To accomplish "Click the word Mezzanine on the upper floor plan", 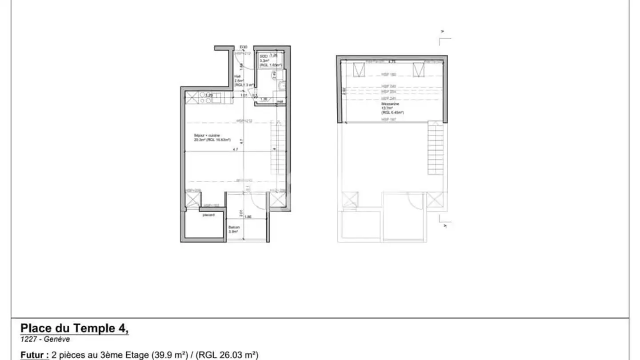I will click(x=390, y=104).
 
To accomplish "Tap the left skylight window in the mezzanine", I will click(x=359, y=70).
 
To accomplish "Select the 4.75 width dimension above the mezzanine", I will click(x=392, y=62).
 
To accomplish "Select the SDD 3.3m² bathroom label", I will click(x=264, y=57).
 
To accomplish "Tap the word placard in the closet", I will click(x=208, y=215).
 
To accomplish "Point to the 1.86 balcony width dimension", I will click(x=248, y=217).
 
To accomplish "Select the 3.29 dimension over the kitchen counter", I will click(x=208, y=95).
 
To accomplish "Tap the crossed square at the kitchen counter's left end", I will click(x=190, y=98).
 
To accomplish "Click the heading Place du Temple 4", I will click(x=74, y=328).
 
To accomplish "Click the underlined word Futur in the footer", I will click(x=33, y=355).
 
